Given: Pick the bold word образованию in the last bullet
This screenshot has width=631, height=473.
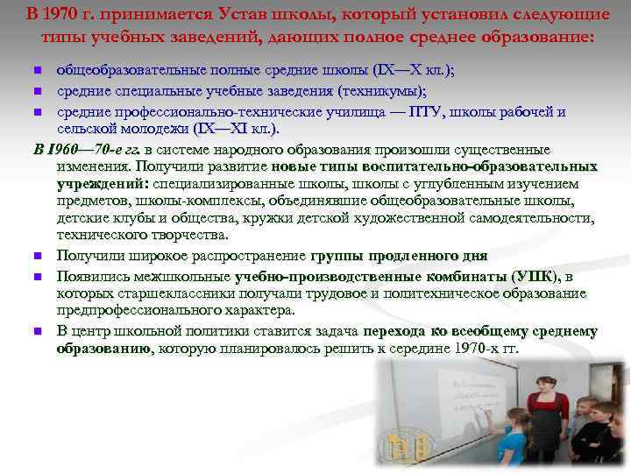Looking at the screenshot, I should [x=103, y=348].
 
